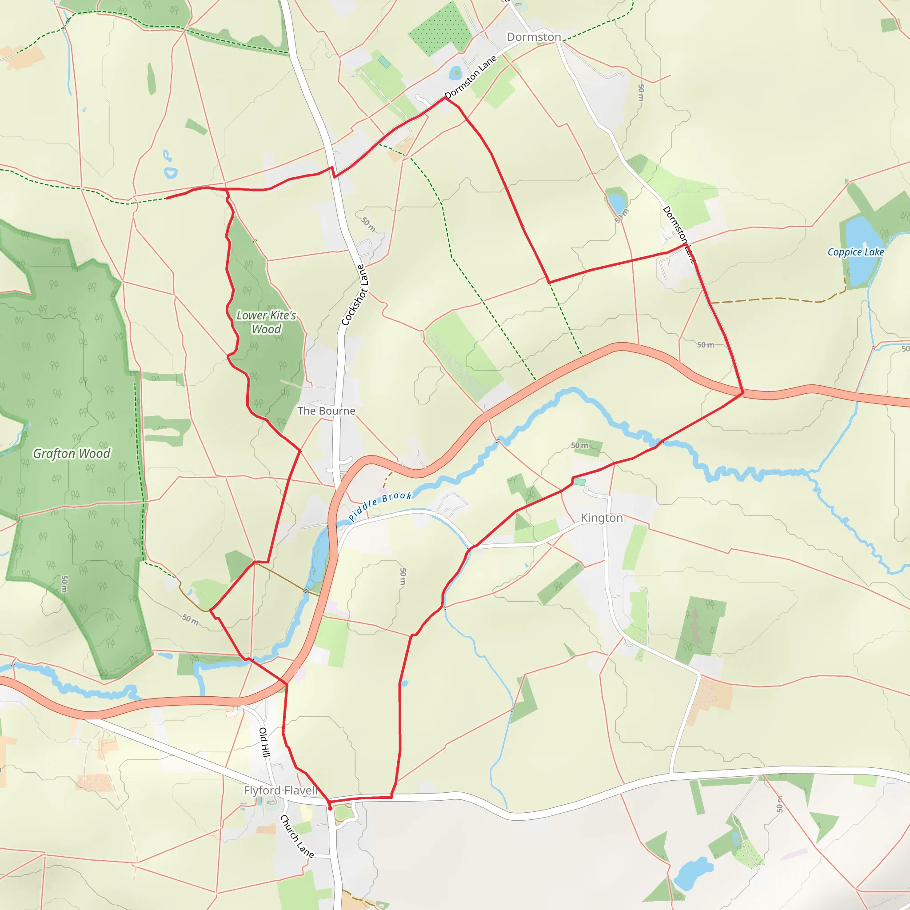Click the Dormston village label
tap(533, 37)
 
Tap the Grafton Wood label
tap(72, 453)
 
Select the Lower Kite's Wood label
tap(266, 322)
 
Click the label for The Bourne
tap(326, 411)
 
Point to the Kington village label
tap(602, 518)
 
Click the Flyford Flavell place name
tap(281, 790)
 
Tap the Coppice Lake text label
tap(855, 252)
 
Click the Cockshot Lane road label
tap(355, 295)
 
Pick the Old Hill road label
tap(264, 742)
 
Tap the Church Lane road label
tap(297, 836)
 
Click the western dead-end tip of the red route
tap(167, 198)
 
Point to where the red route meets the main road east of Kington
tap(743, 392)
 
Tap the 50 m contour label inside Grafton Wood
tap(64, 584)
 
